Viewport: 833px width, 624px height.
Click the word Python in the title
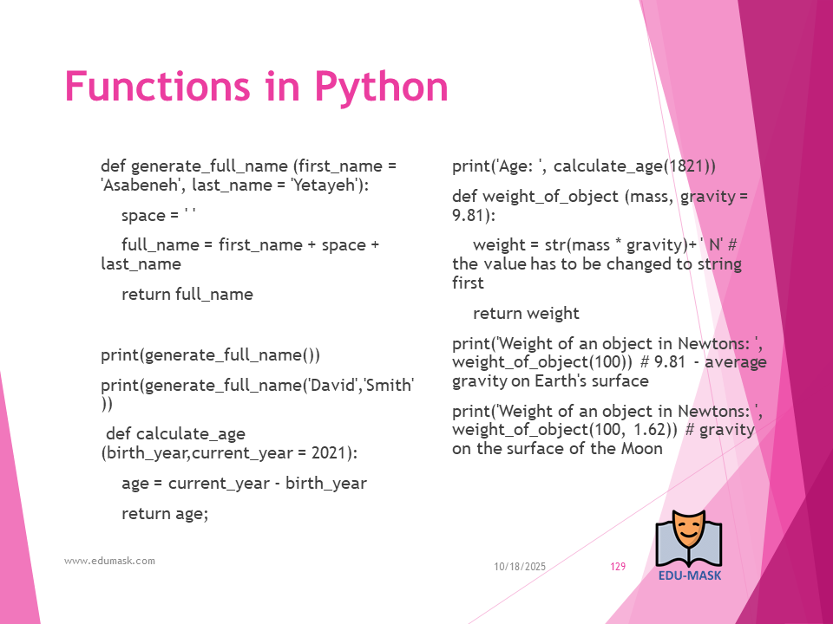point(382,87)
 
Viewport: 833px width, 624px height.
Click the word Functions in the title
point(157,86)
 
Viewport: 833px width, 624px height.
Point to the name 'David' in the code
point(331,384)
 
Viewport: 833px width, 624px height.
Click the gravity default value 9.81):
point(474,215)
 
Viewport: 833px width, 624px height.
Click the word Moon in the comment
point(642,448)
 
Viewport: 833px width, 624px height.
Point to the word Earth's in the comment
point(564,380)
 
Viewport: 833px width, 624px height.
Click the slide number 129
point(618,566)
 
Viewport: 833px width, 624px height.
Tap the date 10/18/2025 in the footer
point(520,566)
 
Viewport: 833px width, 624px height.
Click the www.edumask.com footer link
point(110,561)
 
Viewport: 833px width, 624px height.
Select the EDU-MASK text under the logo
point(690,575)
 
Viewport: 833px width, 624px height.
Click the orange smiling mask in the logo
point(688,530)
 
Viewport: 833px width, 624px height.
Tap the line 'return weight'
point(526,313)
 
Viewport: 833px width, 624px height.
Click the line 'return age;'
point(165,514)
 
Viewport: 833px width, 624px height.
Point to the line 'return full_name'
point(187,294)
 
